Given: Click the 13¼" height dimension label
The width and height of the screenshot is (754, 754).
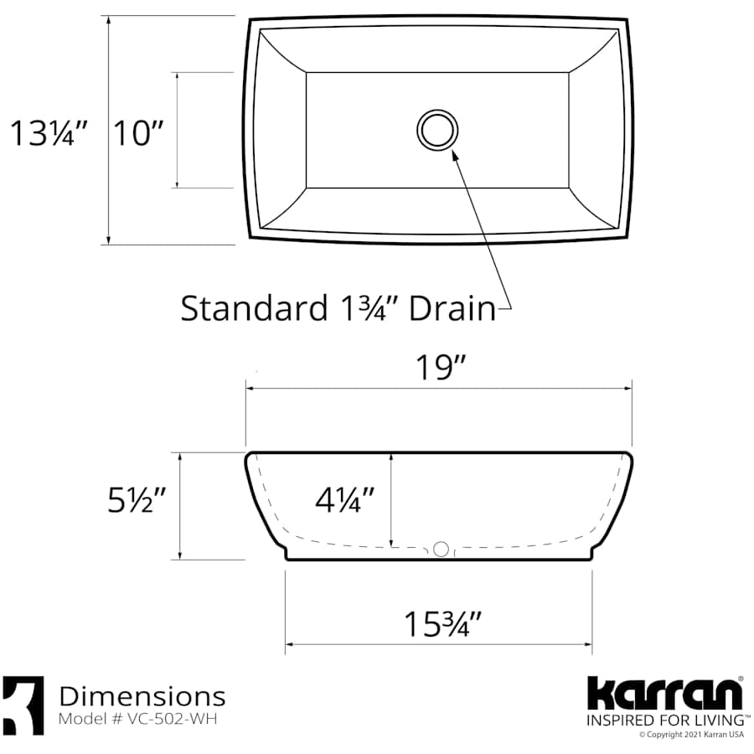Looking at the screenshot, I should point(49,132).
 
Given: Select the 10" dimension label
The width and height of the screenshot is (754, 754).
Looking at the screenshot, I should point(137,132).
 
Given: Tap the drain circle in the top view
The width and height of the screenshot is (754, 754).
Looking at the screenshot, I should point(437,129).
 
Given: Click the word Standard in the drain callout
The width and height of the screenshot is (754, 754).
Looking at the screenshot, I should point(249,308).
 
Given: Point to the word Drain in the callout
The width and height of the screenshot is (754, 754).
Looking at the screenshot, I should point(452,308).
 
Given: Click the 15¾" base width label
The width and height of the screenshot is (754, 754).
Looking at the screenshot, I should point(443,624).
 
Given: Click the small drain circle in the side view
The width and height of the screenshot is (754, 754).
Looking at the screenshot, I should point(440,550).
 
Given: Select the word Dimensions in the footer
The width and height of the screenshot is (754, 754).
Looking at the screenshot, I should point(142,696).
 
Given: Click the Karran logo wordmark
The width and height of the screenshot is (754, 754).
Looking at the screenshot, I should point(664,694).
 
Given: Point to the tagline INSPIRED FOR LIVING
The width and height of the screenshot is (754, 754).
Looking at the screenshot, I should point(664,720).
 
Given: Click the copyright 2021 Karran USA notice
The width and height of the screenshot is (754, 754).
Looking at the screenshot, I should point(692,735).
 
